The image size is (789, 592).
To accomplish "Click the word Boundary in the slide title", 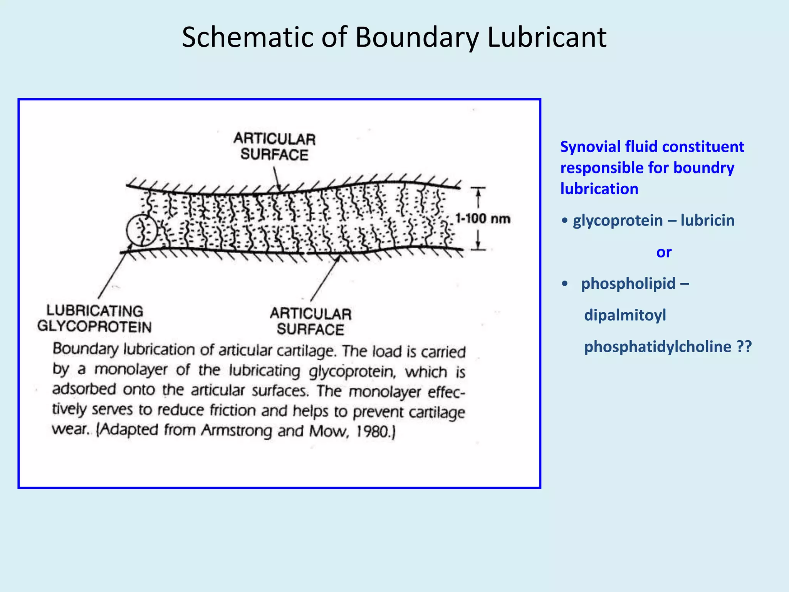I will coord(418,38).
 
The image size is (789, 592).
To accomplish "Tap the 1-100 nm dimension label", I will coord(482,219).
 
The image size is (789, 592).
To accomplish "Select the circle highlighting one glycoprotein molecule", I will coord(142,230).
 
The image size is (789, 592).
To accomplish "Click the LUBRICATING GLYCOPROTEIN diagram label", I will coord(94,319).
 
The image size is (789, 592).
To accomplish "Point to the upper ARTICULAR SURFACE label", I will coord(274,147).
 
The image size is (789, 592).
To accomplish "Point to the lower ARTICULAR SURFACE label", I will coord(311,321).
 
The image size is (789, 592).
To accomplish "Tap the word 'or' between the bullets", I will coord(664,252).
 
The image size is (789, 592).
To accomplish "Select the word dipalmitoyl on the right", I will coord(625,315).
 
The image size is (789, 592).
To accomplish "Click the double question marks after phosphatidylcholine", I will coord(744,346).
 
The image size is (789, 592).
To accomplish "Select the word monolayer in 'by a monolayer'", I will coord(131,370).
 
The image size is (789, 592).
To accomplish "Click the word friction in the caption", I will coord(233,410).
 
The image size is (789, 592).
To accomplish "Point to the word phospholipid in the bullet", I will coord(628,284).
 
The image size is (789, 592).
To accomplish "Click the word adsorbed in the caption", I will coord(84,389).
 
